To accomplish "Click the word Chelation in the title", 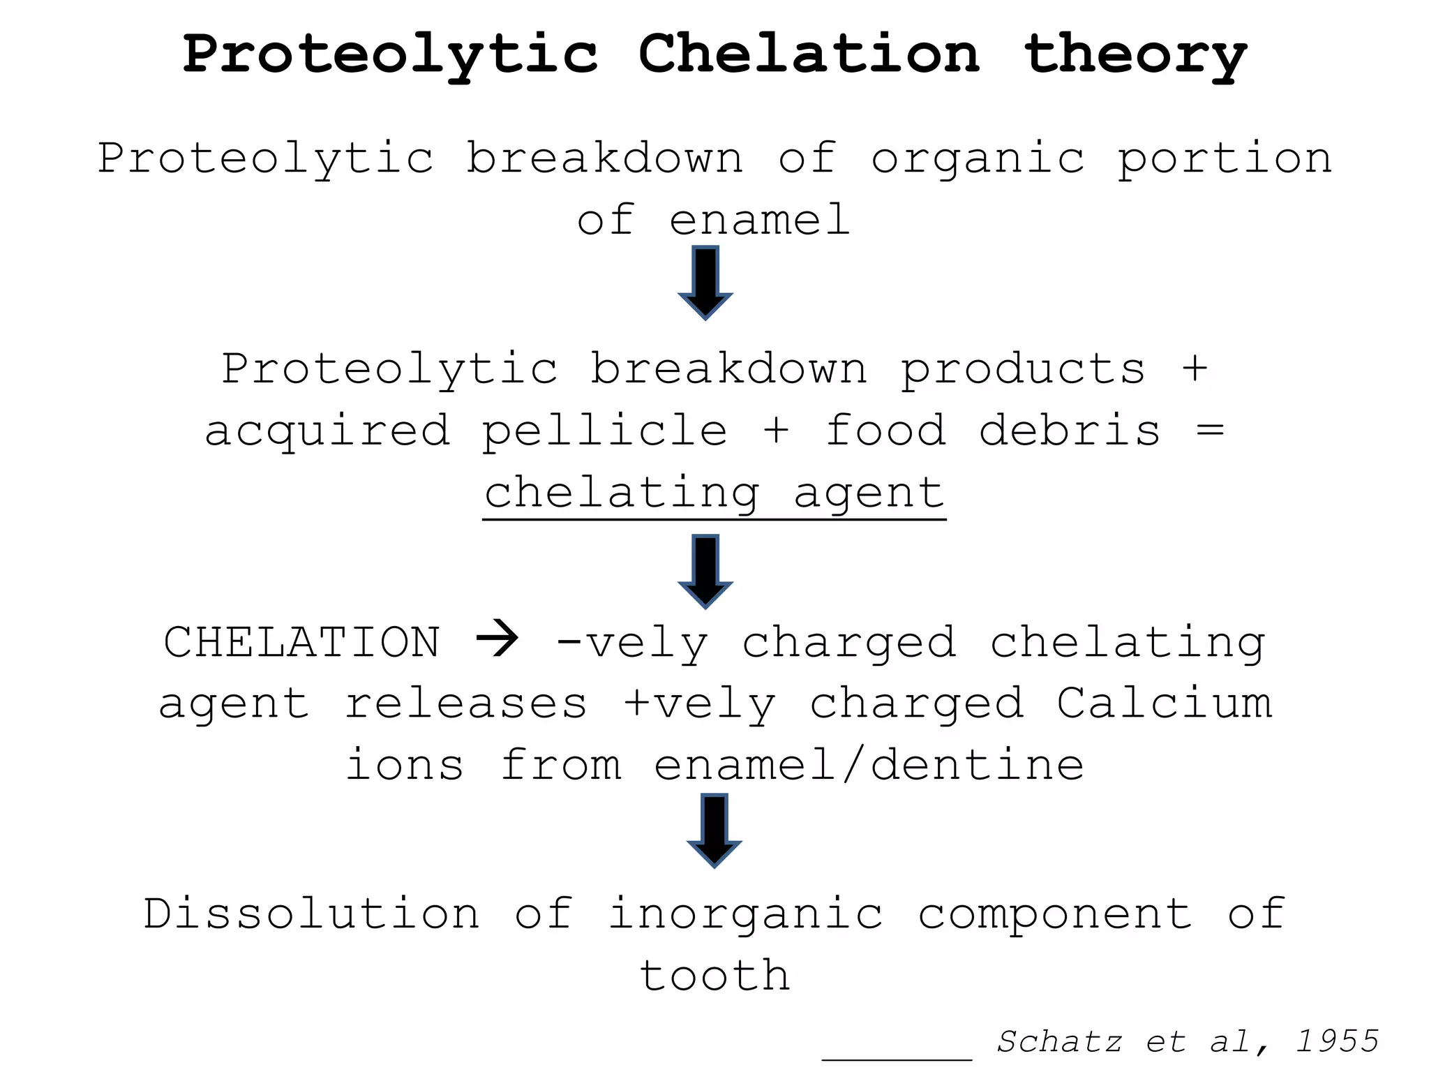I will [x=809, y=54].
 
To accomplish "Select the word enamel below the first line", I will [x=759, y=220].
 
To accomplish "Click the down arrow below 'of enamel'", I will [x=705, y=282].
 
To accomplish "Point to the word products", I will [x=1023, y=370].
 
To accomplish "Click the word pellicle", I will [x=605, y=431].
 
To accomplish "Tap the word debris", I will [x=1070, y=430].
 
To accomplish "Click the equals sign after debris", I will [x=1210, y=431].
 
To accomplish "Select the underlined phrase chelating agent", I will [x=714, y=494].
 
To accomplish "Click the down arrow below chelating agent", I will [x=705, y=571].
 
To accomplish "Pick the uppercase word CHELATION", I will [x=302, y=642].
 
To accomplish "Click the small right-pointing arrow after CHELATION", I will [x=497, y=638].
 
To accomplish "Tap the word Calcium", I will [x=1164, y=703].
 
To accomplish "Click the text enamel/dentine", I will [x=869, y=766].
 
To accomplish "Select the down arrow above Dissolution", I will [x=714, y=830].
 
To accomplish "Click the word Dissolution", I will [x=312, y=914].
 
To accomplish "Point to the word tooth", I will [x=714, y=976].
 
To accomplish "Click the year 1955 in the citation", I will [x=1337, y=1041].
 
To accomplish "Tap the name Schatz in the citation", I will [x=1059, y=1042].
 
